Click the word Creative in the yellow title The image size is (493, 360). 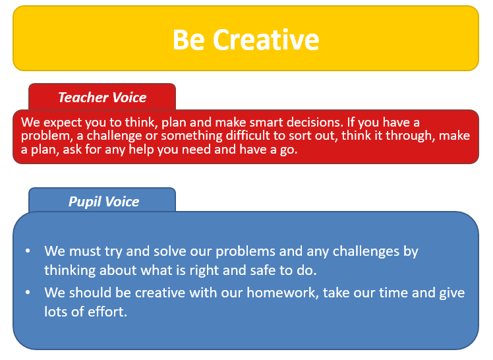pyautogui.click(x=266, y=40)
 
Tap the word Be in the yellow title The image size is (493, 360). pyautogui.click(x=188, y=40)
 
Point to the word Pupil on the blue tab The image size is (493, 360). pyautogui.click(x=84, y=202)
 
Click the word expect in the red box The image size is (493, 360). pyautogui.click(x=58, y=123)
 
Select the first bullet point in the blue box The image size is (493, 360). pyautogui.click(x=28, y=251)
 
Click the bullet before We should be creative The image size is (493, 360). pyautogui.click(x=28, y=292)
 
